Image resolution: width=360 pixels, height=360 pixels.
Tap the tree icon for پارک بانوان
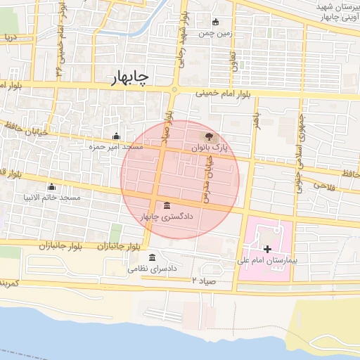tap(208, 136)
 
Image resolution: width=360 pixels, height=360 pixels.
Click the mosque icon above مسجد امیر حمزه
tap(117, 136)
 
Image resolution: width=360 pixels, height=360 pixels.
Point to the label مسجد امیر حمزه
tap(116, 148)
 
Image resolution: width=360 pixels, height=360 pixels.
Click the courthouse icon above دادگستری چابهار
tap(166, 205)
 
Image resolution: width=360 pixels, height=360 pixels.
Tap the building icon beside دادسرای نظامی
tap(153, 257)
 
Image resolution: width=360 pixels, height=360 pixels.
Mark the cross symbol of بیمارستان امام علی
tap(267, 249)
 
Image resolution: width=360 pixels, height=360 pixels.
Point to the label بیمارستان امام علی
tap(268, 261)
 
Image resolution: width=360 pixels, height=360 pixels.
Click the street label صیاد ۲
tap(205, 281)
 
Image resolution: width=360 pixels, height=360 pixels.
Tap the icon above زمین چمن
tap(215, 21)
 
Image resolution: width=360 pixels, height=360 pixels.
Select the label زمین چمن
tap(215, 32)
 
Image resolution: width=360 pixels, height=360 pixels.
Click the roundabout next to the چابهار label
tap(174, 89)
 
